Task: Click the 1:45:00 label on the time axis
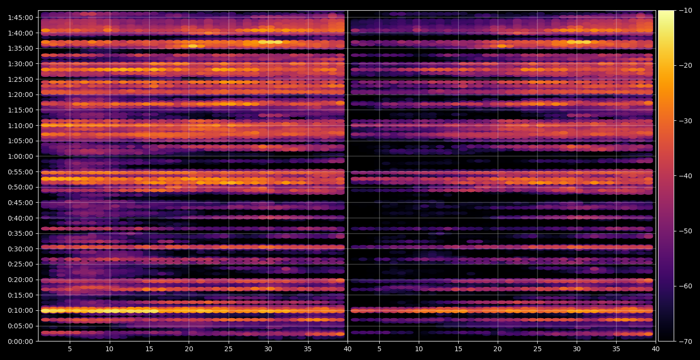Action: click(x=20, y=18)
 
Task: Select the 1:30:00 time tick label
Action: click(x=20, y=64)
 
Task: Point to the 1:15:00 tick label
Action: click(x=20, y=110)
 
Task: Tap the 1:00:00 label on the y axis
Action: click(x=20, y=156)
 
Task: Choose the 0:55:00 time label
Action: click(x=20, y=172)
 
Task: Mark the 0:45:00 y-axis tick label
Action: click(x=20, y=203)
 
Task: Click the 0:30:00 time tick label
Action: click(x=20, y=249)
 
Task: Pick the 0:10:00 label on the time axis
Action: click(x=20, y=311)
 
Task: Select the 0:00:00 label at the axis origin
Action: click(x=20, y=341)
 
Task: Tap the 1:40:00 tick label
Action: click(x=20, y=33)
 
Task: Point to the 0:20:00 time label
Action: click(x=20, y=280)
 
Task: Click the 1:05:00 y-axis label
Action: click(x=20, y=141)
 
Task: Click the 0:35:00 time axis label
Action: click(x=20, y=233)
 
